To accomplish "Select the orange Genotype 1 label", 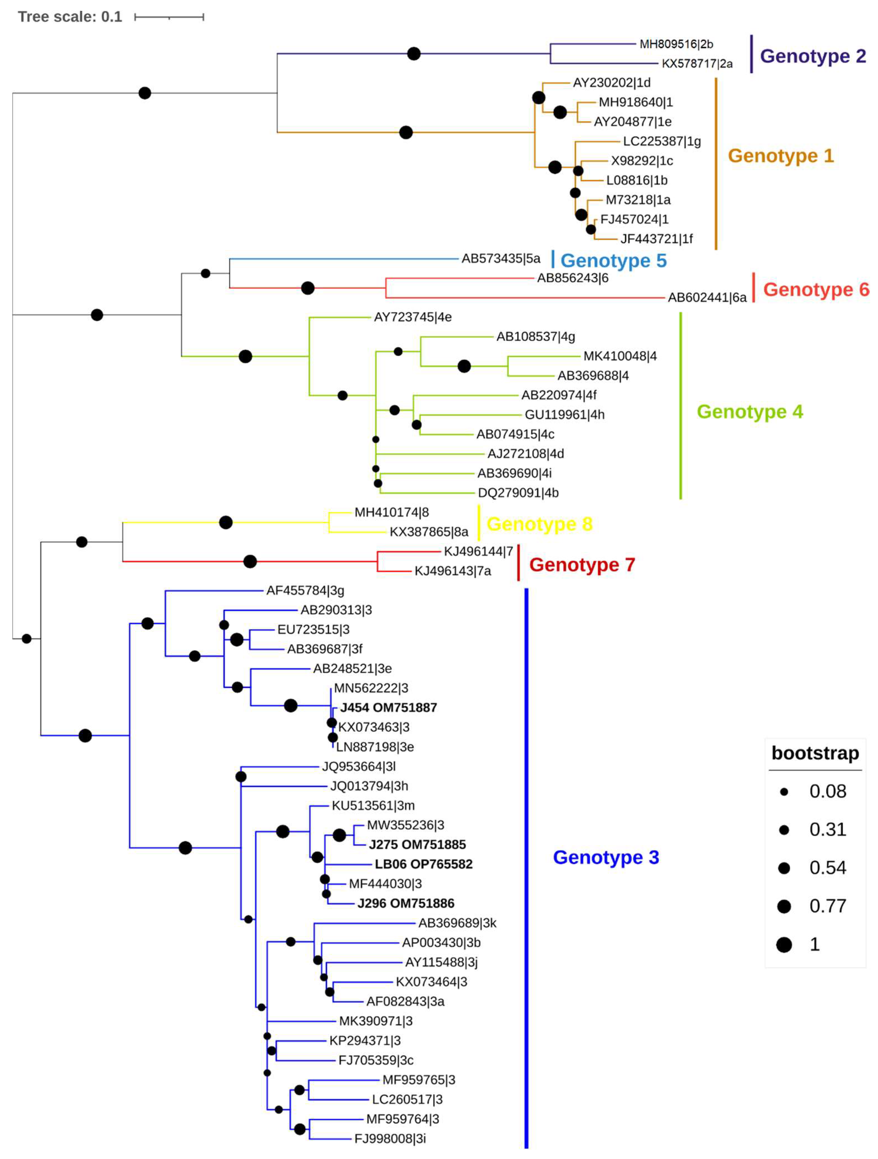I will pyautogui.click(x=780, y=156).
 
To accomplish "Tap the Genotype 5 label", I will pyautogui.click(x=613, y=261).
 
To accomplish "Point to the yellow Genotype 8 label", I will pyautogui.click(x=539, y=524).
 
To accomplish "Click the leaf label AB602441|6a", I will pyautogui.click(x=707, y=298).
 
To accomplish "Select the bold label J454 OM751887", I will pyautogui.click(x=389, y=707).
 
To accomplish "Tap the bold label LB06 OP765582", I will pyautogui.click(x=424, y=864).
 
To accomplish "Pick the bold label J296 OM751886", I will pyautogui.click(x=406, y=903).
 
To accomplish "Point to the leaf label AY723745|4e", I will pyautogui.click(x=412, y=317).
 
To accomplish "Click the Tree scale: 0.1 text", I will pyautogui.click(x=70, y=17).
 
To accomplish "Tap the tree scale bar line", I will pyautogui.click(x=169, y=17).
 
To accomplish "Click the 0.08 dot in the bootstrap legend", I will pyautogui.click(x=784, y=792).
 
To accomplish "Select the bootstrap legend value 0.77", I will pyautogui.click(x=828, y=906).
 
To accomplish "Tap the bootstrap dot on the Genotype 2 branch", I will pyautogui.click(x=414, y=53).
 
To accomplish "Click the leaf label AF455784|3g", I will pyautogui.click(x=305, y=590).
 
